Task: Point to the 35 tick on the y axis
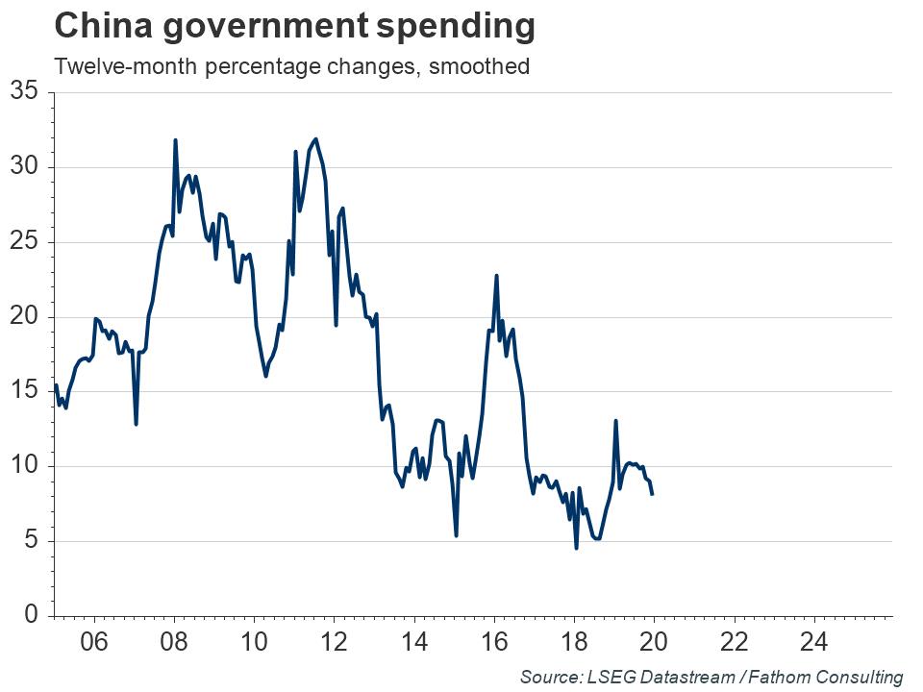23,92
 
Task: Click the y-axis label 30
23,167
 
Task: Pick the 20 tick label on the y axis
23,317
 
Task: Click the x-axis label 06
93,642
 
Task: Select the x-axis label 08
174,642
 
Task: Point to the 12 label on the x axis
334,642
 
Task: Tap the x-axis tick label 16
494,642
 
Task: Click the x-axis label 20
654,642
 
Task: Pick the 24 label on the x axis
814,642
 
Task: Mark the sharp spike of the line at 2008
175,140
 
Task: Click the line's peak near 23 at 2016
496,276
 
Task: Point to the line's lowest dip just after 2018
576,548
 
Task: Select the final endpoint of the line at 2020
653,493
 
